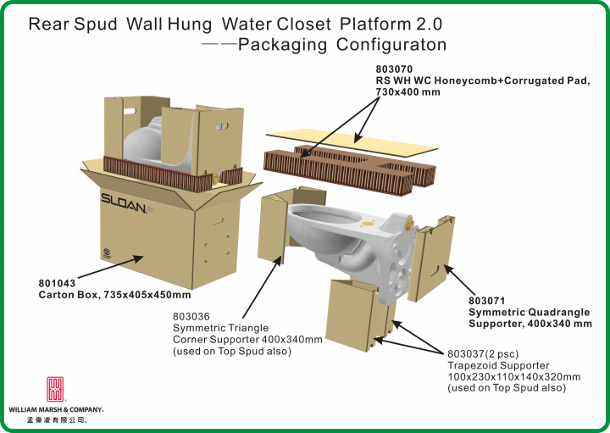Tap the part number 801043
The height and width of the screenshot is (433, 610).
click(58, 284)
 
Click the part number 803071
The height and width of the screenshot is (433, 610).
click(488, 301)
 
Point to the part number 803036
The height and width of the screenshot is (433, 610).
click(191, 317)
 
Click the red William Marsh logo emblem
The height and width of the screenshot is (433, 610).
click(53, 389)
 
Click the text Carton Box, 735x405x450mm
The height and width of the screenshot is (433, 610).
click(114, 296)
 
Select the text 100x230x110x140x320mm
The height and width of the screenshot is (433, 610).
click(513, 376)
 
